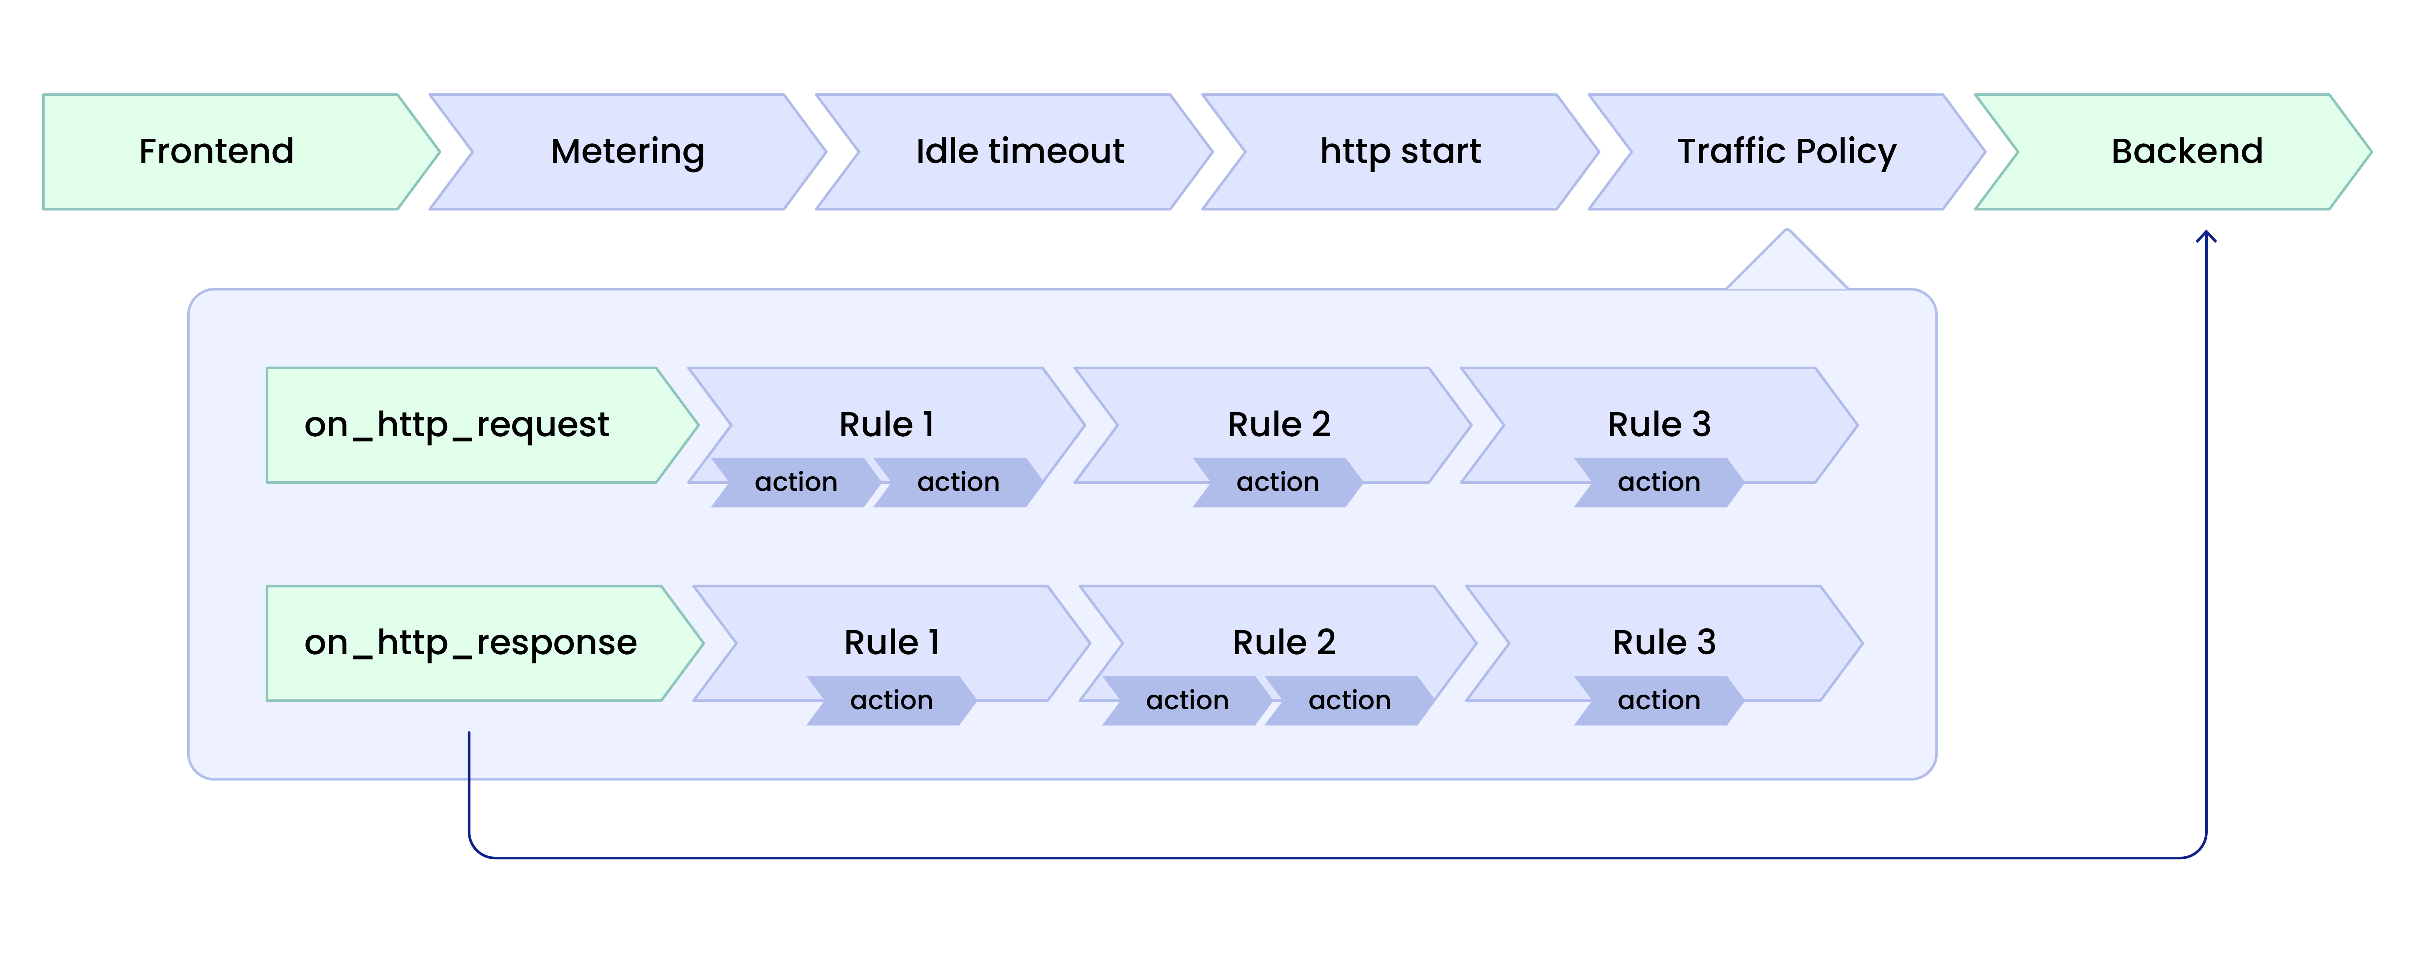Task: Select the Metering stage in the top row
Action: pos(628,152)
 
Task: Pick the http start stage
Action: pos(1400,152)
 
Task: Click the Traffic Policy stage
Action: pos(1786,152)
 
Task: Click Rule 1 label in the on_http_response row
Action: pos(891,643)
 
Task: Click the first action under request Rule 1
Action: pos(796,483)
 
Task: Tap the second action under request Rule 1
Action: pos(958,483)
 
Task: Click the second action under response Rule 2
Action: pos(1348,700)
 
